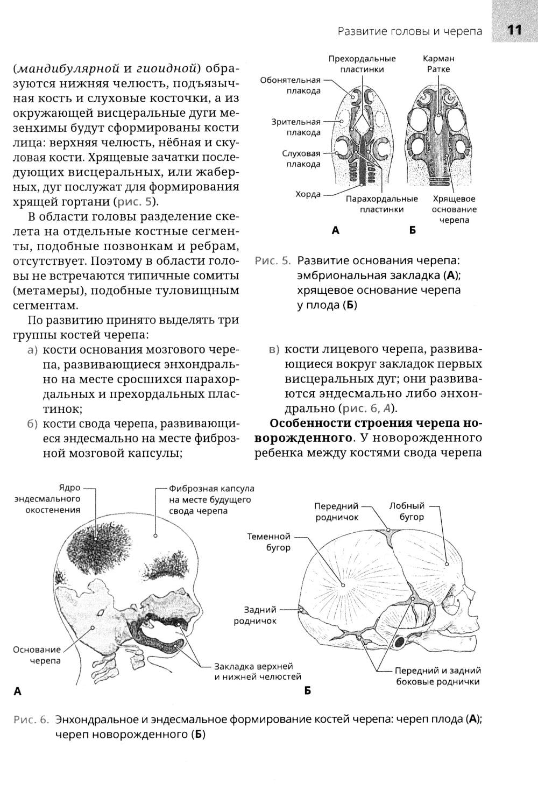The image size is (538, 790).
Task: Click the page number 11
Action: tap(514, 30)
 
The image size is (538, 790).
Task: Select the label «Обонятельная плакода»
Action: tap(291, 85)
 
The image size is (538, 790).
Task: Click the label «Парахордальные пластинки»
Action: tap(381, 204)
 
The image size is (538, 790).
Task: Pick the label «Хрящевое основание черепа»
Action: tap(454, 209)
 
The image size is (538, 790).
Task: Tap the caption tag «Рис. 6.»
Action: tap(31, 720)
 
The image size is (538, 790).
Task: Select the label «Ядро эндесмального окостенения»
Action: tap(47, 498)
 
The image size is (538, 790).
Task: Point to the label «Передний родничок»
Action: tap(336, 511)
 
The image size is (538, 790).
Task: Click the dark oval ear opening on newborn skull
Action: tap(400, 641)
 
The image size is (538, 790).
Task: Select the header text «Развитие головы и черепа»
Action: tap(410, 31)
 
